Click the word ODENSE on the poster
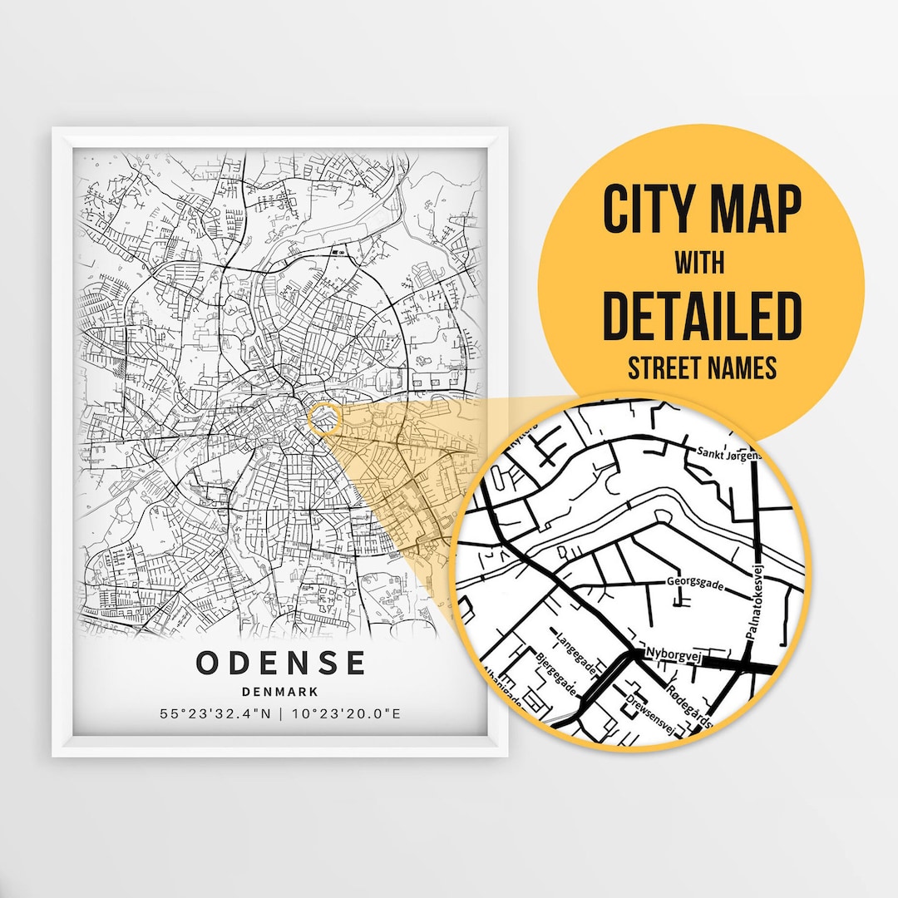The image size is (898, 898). pos(281,663)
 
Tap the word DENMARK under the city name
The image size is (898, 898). pos(281,691)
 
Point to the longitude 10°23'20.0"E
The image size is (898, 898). pos(344,713)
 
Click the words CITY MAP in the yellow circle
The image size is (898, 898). pos(703,210)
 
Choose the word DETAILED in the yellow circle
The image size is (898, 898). pos(703,315)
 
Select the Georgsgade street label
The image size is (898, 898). pos(694,584)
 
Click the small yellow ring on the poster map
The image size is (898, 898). pos(325,419)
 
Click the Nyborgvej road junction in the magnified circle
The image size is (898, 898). pos(635,656)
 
